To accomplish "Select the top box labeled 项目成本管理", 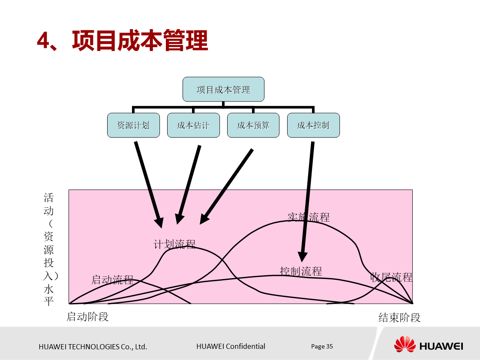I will click(223, 89).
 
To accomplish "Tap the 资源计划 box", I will click(133, 125).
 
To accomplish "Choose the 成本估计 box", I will click(193, 125).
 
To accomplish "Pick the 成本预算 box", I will click(253, 125).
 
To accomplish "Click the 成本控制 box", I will click(313, 125).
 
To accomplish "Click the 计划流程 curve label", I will click(174, 244).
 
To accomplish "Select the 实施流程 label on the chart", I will click(309, 217).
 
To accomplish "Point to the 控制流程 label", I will click(301, 271).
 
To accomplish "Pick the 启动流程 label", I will click(112, 279).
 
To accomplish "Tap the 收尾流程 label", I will click(391, 277).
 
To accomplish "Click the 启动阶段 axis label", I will click(87, 316).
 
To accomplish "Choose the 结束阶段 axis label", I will click(399, 317).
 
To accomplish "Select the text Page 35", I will click(322, 346).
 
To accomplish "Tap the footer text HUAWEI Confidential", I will click(231, 346).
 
